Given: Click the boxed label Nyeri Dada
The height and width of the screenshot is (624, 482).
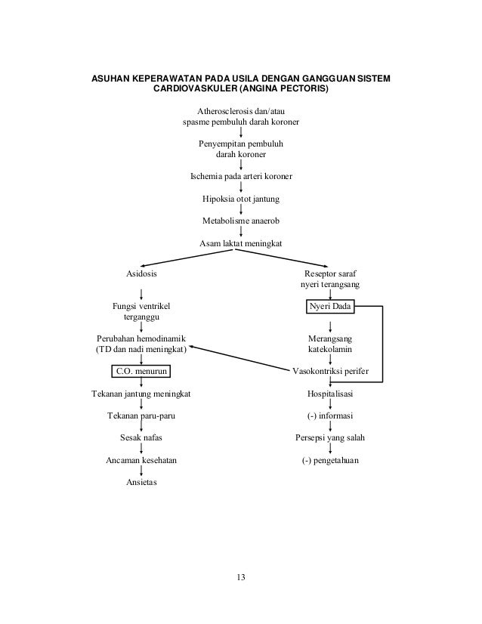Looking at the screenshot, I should coord(330,307).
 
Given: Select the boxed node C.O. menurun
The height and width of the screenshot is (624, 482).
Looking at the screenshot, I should coord(141,372).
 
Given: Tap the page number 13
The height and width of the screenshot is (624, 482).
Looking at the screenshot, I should coord(240,578).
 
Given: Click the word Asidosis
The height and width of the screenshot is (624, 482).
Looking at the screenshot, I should coord(141,274).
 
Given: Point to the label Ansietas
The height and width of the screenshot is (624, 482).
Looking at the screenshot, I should coord(141,483).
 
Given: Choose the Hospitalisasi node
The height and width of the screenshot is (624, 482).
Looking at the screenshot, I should coord(330,394).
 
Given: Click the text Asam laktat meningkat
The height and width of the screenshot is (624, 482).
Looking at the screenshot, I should coord(240,243).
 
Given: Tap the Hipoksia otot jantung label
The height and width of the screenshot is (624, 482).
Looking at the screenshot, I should coord(240,199).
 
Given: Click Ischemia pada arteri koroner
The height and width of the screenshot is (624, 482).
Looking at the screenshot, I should coord(240,177).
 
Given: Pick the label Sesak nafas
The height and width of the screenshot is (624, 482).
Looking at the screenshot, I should coord(141,438).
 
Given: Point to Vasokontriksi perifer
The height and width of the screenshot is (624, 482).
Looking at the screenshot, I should coord(330,372).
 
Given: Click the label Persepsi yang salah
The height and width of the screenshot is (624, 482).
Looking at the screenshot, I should coord(330,438).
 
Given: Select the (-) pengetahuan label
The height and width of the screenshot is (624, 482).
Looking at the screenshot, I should coord(330,461).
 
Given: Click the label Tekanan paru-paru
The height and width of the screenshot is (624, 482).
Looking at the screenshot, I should coord(141,416).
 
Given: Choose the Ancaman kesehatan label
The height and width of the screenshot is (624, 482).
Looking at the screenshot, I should coord(141,461).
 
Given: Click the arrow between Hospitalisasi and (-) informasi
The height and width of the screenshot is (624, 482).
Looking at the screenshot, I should coord(330,406).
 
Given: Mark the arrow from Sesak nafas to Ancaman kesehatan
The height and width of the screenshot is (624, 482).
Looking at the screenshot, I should coord(141,449).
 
